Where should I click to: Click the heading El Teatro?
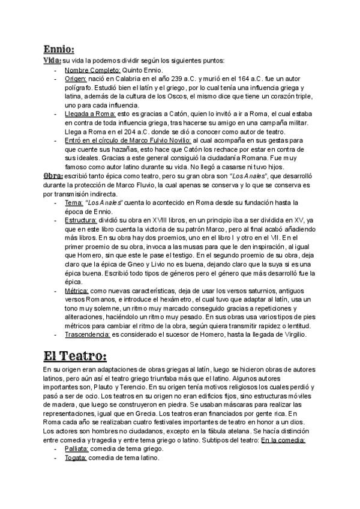(x=75, y=356)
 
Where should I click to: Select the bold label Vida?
(x=52, y=61)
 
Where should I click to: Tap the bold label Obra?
(x=53, y=176)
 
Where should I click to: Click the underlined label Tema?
(x=73, y=202)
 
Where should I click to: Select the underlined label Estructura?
(x=81, y=220)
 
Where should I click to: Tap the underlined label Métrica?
(x=77, y=290)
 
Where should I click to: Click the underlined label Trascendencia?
(x=87, y=334)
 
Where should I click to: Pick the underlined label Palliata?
(x=76, y=448)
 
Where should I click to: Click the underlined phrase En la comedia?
(x=283, y=440)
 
